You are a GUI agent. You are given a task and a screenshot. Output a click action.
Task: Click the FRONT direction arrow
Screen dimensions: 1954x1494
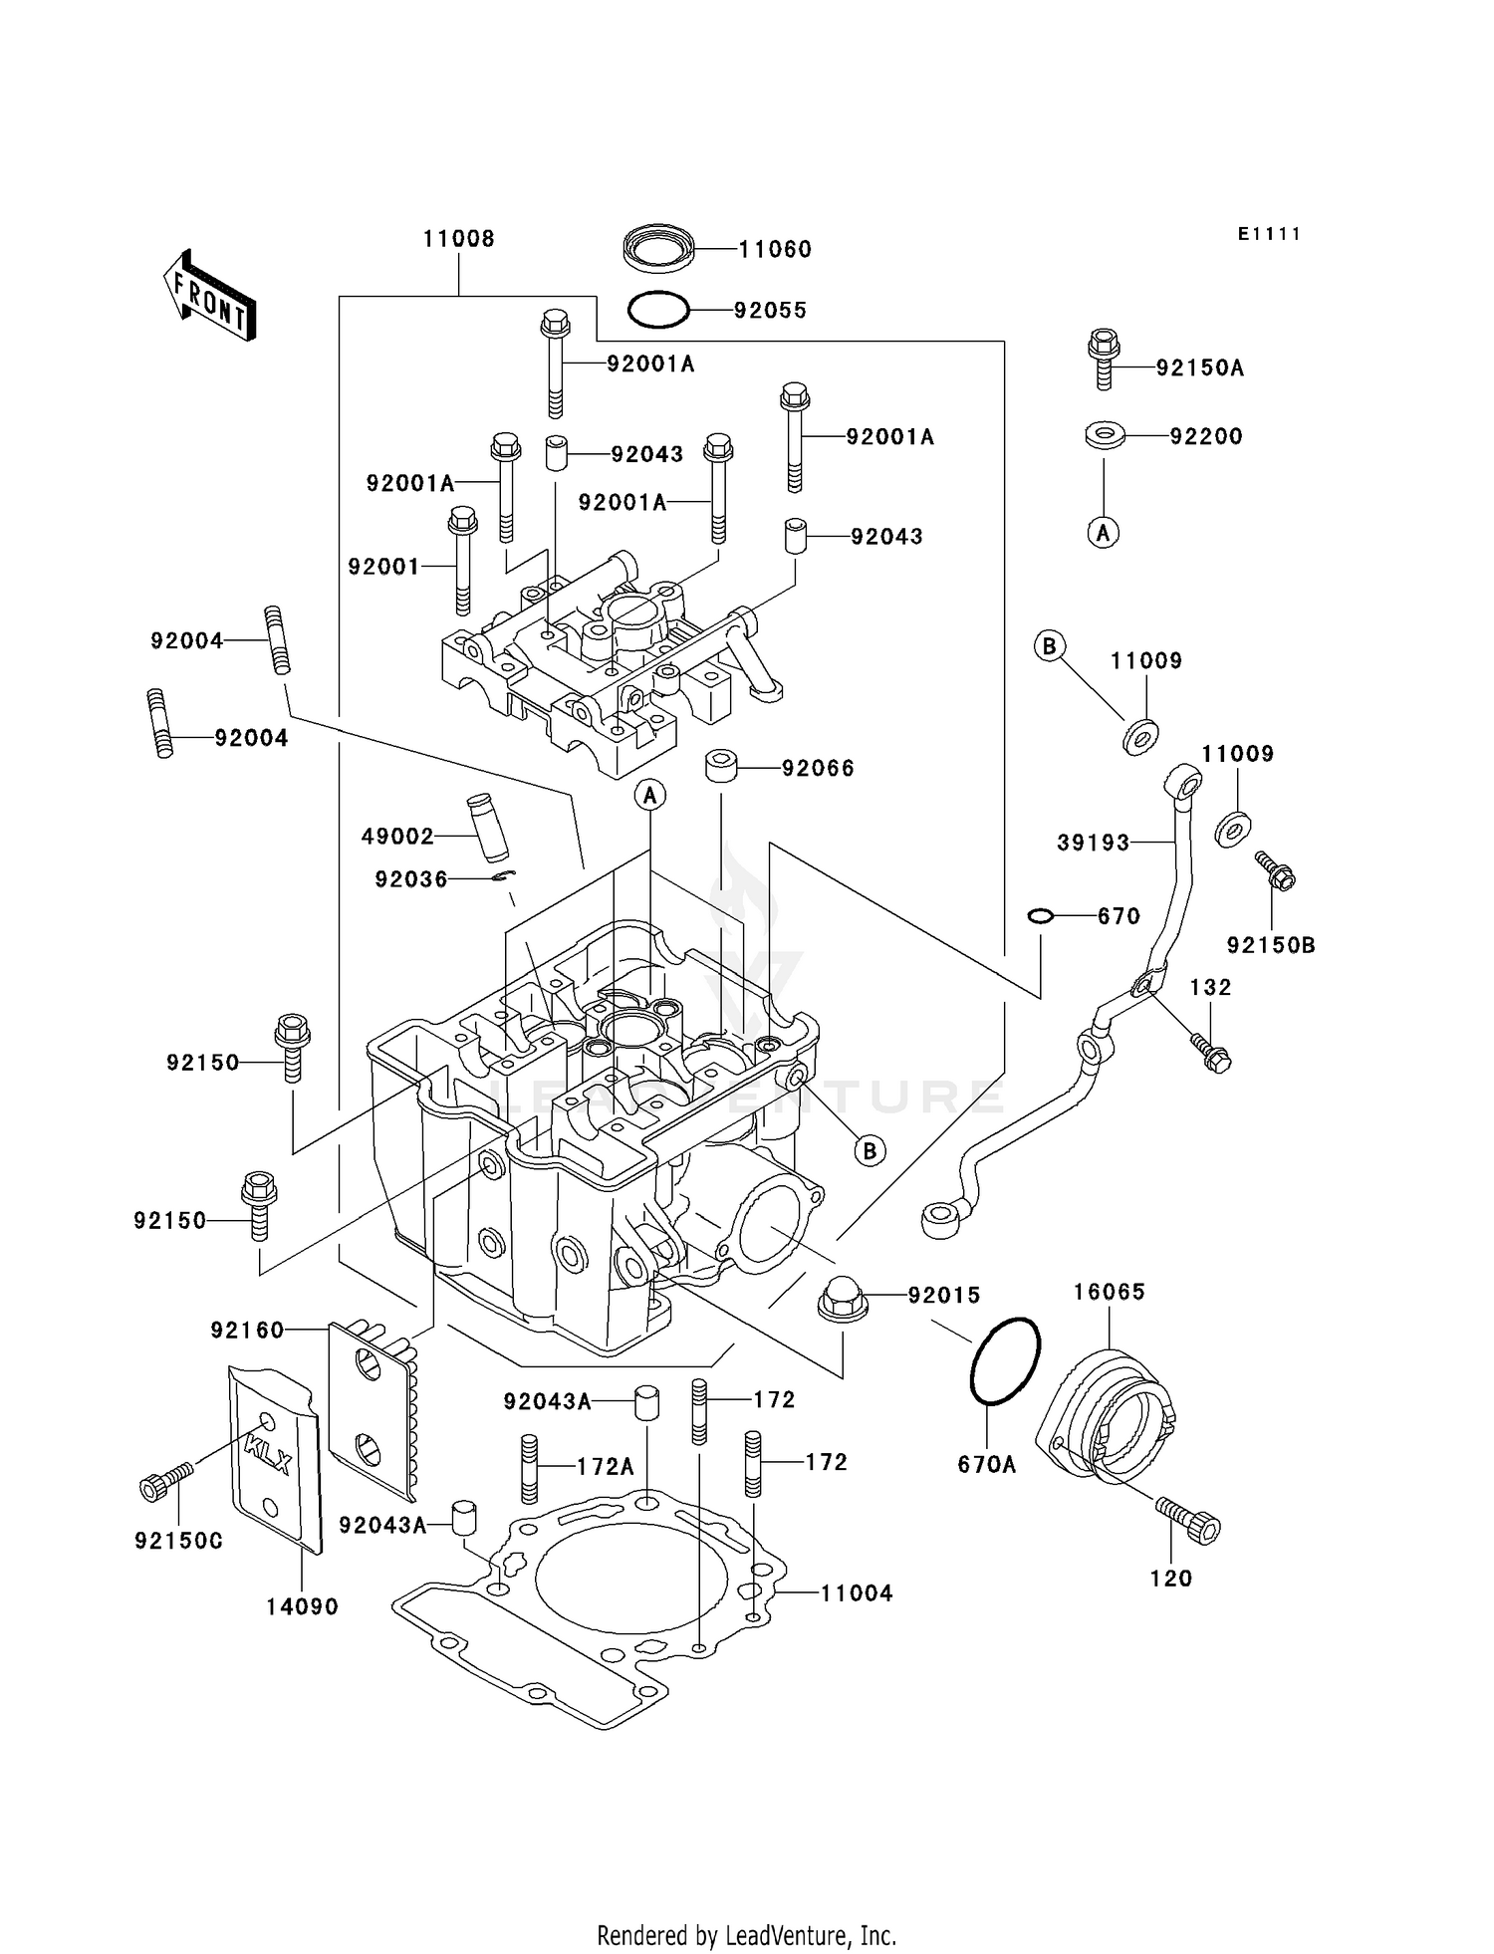(x=209, y=298)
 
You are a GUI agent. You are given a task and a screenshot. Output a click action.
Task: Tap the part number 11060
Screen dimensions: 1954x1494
(x=775, y=250)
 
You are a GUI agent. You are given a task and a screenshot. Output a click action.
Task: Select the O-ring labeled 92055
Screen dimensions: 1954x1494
(x=658, y=310)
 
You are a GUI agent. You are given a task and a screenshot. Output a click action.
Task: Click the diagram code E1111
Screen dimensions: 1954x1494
(x=1269, y=234)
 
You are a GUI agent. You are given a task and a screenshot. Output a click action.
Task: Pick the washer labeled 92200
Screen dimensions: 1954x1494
(x=1105, y=436)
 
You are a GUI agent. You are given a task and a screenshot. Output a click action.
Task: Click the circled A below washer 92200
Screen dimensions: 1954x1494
(x=1103, y=533)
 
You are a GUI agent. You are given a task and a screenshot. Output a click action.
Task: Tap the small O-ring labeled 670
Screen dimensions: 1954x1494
(x=1040, y=915)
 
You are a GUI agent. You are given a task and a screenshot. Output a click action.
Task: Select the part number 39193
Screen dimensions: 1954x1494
(x=1093, y=844)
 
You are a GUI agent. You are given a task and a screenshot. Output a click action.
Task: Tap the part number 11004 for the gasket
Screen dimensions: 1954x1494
(x=857, y=1592)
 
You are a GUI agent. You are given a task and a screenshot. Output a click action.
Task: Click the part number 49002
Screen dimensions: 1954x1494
(x=397, y=837)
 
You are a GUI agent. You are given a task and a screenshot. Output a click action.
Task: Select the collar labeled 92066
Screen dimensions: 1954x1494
(x=721, y=768)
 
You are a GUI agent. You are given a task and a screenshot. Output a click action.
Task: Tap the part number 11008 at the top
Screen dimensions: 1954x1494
(x=458, y=239)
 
